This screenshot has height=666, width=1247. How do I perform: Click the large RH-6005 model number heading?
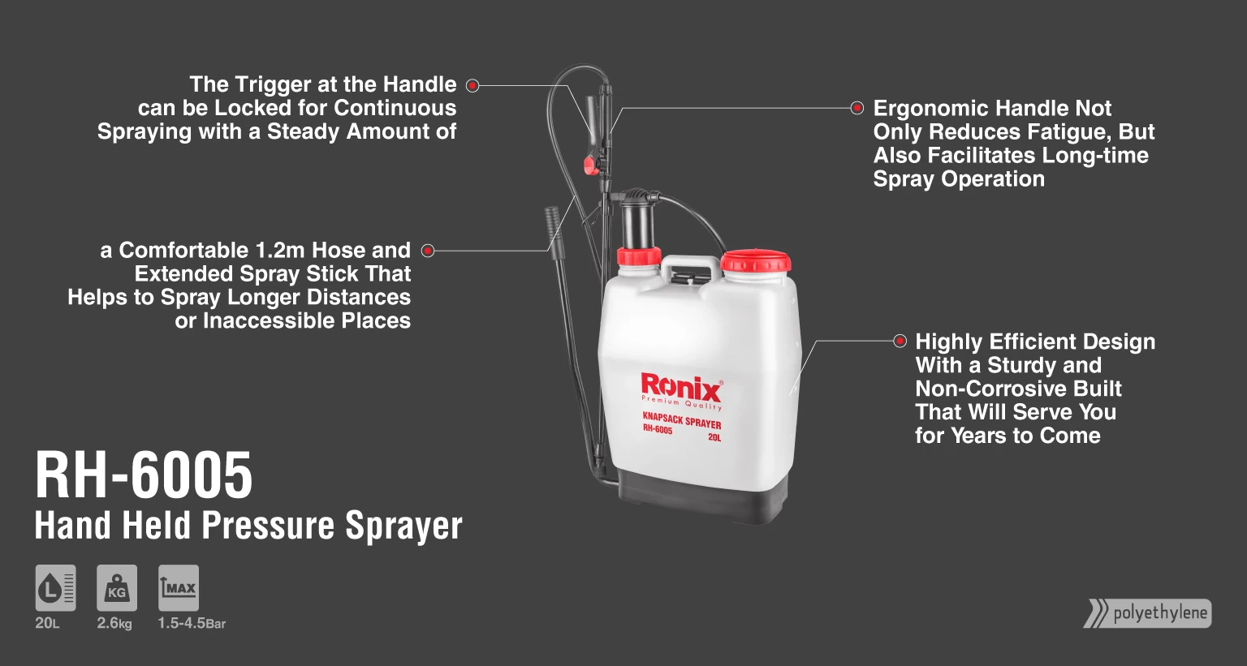(x=144, y=475)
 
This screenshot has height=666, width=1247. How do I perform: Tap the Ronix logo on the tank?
(x=681, y=390)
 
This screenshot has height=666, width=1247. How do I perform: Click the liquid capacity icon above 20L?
(x=56, y=587)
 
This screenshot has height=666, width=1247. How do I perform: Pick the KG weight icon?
(x=117, y=587)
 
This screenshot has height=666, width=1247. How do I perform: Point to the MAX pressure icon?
(x=178, y=587)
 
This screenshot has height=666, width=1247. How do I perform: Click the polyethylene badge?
(x=1148, y=613)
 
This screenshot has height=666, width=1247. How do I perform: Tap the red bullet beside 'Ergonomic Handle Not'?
(x=857, y=108)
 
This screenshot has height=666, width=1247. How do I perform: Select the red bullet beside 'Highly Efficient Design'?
(x=900, y=341)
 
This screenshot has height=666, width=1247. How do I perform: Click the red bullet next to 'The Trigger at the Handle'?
(x=472, y=85)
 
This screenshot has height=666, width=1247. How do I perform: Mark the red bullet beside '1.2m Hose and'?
(x=428, y=251)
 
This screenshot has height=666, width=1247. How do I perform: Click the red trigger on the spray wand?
(x=590, y=165)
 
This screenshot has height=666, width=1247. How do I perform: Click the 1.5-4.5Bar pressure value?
(x=192, y=623)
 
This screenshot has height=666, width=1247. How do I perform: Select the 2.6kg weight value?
(x=114, y=623)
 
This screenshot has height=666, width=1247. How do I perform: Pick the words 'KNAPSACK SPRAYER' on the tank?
(x=681, y=420)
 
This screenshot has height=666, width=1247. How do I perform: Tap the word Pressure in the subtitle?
(x=268, y=525)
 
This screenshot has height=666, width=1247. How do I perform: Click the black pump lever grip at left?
(x=552, y=224)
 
